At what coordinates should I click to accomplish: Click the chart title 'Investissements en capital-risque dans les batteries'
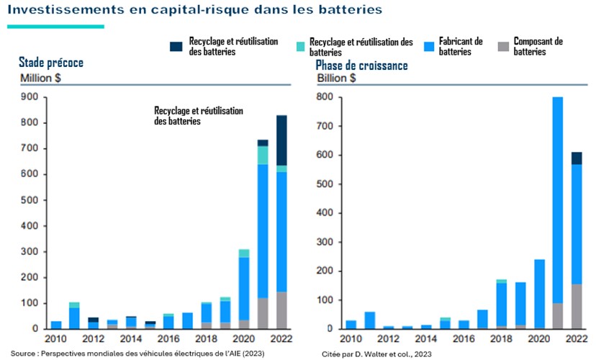click(194, 11)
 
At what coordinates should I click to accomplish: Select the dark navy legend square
click(176, 47)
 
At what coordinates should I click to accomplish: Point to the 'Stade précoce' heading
click(51, 63)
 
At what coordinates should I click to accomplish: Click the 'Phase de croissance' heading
click(361, 66)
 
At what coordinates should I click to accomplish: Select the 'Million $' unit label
click(40, 78)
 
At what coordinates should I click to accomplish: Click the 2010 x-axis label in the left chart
click(55, 339)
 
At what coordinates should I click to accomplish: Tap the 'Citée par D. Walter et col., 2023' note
click(376, 354)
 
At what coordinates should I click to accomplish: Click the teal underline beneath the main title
click(56, 27)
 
